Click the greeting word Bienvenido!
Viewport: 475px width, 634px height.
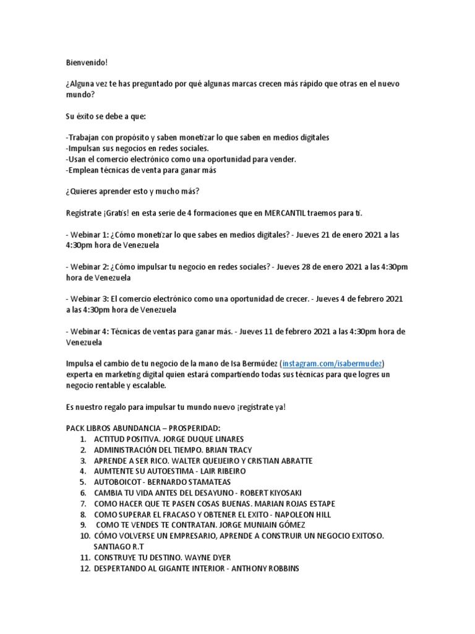click(x=87, y=62)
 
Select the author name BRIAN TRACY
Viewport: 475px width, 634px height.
click(x=226, y=449)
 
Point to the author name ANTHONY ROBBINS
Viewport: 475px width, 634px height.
click(x=265, y=568)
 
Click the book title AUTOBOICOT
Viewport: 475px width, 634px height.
click(x=120, y=482)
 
